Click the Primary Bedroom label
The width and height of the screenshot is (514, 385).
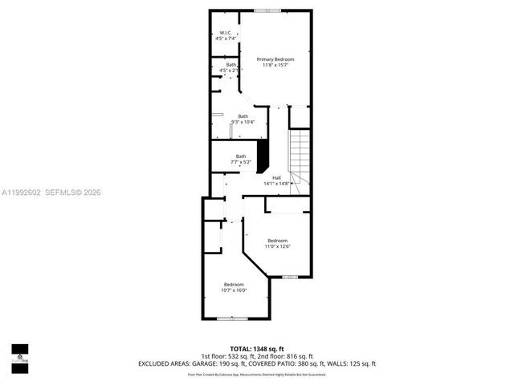[x=275, y=59]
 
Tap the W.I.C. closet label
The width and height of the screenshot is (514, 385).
[x=226, y=33]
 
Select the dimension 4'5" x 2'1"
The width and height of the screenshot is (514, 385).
[x=230, y=71]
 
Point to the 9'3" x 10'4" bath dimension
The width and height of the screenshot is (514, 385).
[x=243, y=122]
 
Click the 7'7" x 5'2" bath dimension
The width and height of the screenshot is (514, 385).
[x=241, y=162]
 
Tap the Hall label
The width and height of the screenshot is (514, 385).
[x=276, y=177]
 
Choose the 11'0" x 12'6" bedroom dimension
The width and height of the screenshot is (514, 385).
[x=278, y=246]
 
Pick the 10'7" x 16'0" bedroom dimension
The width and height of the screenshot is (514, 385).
[x=234, y=290]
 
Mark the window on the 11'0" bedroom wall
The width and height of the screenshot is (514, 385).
[x=290, y=277]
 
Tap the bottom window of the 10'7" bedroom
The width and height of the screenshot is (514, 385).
[x=232, y=318]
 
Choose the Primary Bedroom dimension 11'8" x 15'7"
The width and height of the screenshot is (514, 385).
[x=275, y=65]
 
